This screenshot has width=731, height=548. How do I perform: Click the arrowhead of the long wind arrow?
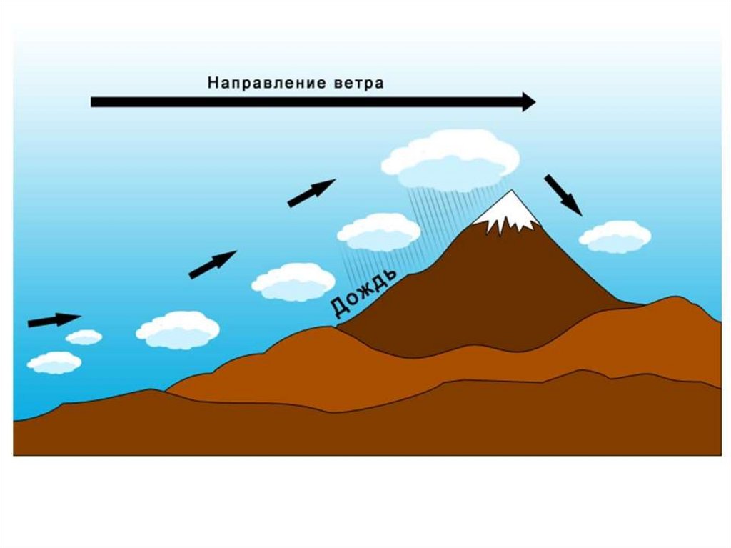[528, 101]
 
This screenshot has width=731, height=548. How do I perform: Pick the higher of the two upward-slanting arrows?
[311, 192]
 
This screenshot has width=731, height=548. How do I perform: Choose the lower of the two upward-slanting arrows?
[212, 264]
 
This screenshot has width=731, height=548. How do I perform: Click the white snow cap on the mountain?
[509, 212]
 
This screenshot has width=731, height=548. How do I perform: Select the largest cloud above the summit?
[450, 161]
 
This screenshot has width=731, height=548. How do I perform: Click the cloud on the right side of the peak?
[615, 236]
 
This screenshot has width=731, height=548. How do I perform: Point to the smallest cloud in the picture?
[84, 337]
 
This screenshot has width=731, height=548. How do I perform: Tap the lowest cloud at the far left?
[54, 362]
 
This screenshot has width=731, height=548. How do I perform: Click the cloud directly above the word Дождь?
[378, 232]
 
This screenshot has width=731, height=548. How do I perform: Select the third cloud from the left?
[178, 329]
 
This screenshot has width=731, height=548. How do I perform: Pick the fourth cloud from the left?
[293, 282]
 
